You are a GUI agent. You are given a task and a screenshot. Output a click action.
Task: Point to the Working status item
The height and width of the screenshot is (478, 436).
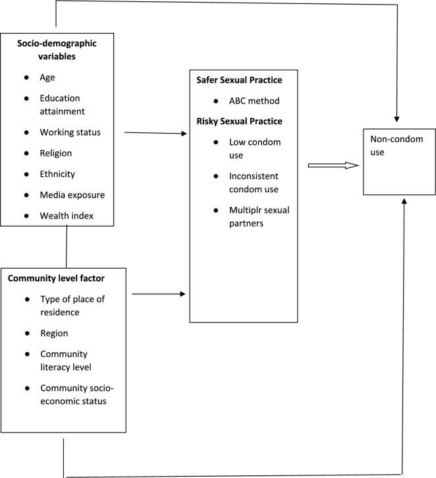coord(70,132)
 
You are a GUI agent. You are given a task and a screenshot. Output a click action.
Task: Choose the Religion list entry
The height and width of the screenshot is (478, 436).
coord(55,153)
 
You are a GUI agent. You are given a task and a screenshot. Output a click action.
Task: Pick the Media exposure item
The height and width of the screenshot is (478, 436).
coord(72,196)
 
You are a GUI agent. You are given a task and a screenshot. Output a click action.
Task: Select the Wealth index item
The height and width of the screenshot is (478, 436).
coord(66,216)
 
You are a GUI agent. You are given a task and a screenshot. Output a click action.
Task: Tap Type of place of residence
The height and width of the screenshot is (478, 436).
coord(72,305)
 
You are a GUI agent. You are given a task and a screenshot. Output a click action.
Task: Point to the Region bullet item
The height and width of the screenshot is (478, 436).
coord(54,333)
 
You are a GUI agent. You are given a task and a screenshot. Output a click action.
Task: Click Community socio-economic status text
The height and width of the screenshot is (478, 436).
coord(72,394)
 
